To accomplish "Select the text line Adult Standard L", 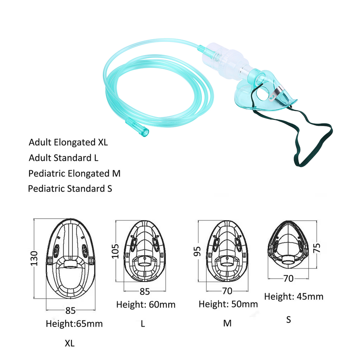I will coord(63,158).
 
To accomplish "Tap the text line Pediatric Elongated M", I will coord(74,174).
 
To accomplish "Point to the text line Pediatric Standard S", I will coord(70,188).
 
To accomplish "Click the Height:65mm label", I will coord(74,323).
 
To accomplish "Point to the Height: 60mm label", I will coord(145,304).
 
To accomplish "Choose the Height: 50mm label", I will coord(228,304).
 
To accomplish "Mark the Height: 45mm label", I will coord(294,296).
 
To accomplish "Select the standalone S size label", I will coord(288,320).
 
